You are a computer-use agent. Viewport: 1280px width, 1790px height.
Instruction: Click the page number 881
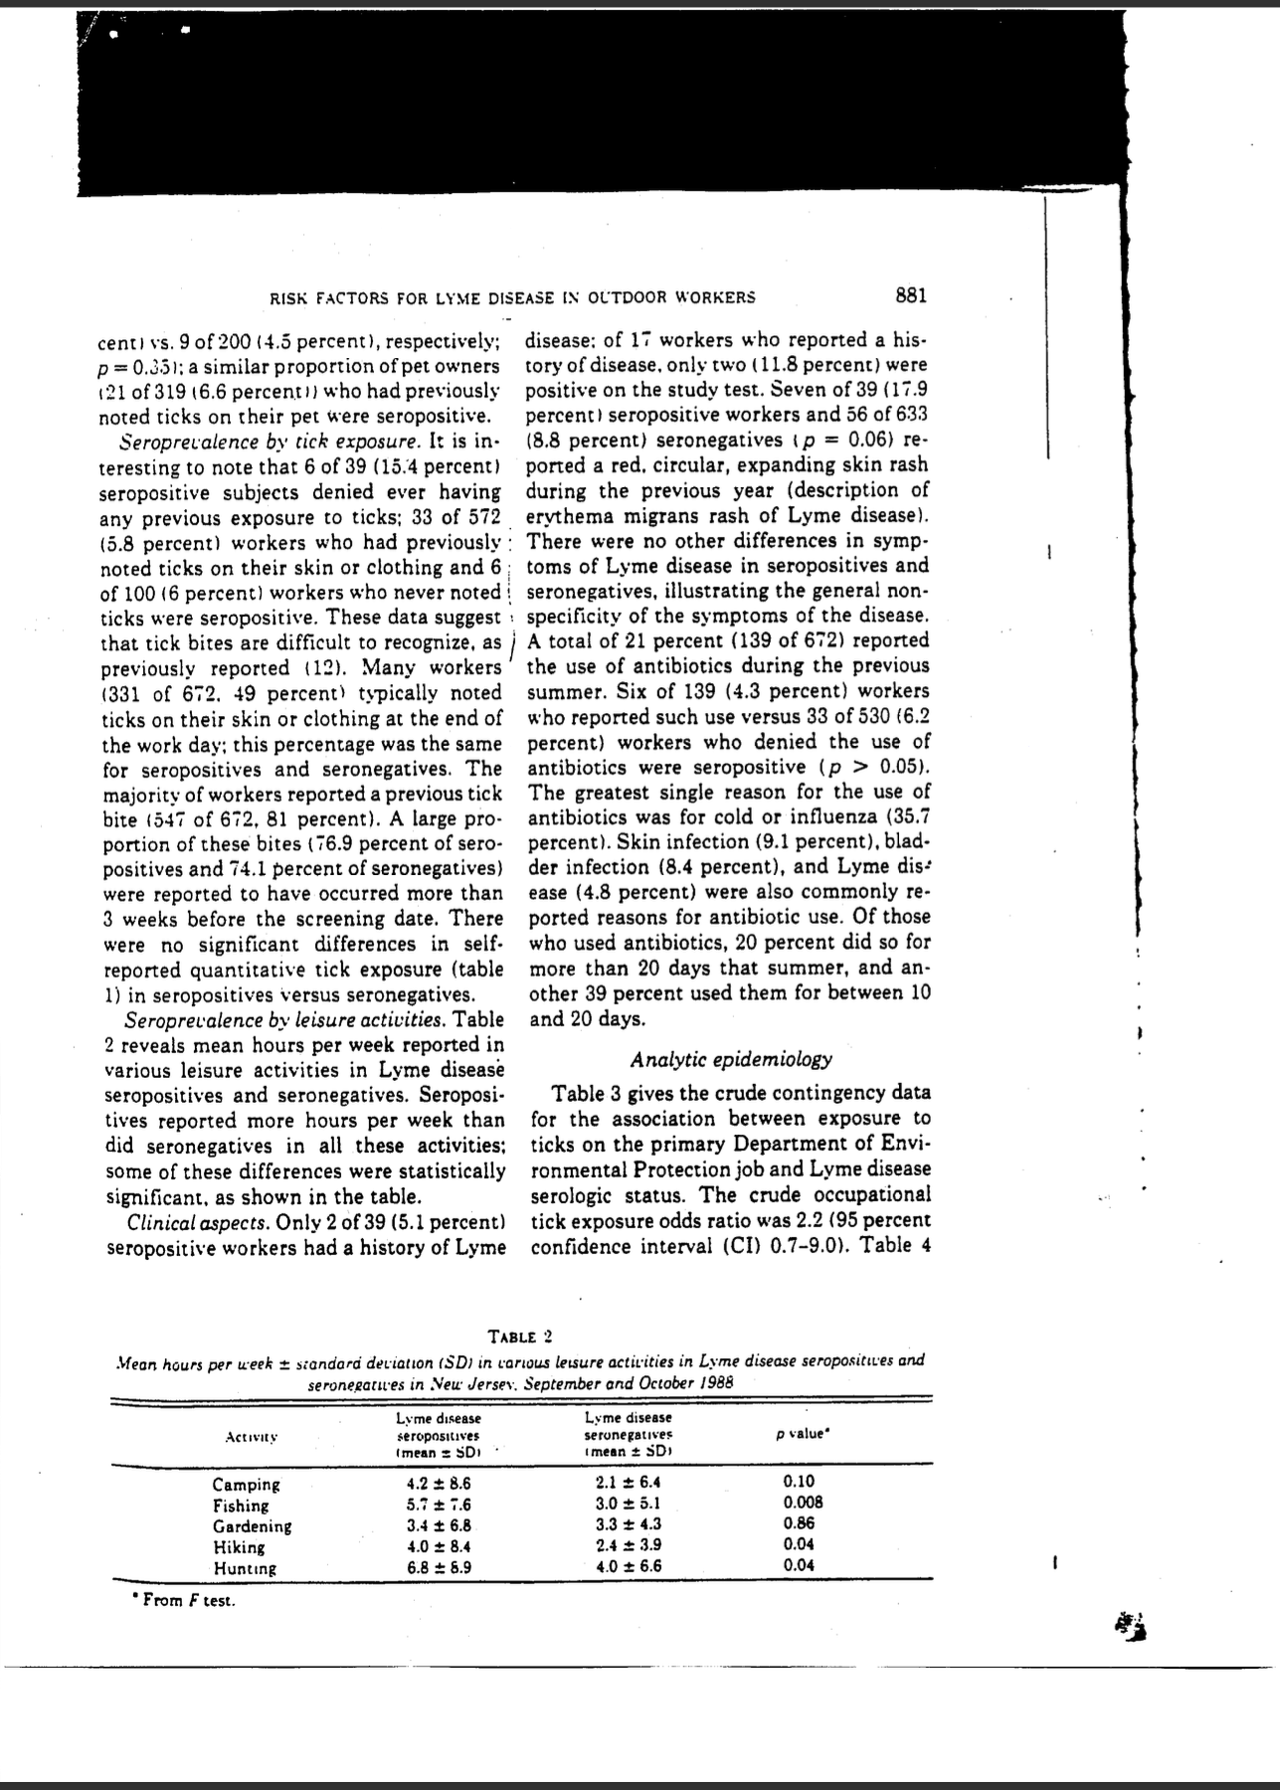pyautogui.click(x=910, y=295)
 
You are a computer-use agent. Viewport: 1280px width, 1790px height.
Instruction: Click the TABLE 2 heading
pyautogui.click(x=520, y=1336)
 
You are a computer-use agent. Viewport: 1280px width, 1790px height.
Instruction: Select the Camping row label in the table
pyautogui.click(x=247, y=1484)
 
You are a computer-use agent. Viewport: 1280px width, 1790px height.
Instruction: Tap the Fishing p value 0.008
pyautogui.click(x=803, y=1504)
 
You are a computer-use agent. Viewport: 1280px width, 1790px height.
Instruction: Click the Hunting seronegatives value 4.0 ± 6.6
pyautogui.click(x=628, y=1565)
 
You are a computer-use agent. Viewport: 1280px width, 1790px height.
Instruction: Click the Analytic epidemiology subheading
pyautogui.click(x=731, y=1059)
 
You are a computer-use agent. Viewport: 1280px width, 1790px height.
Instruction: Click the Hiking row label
pyautogui.click(x=239, y=1546)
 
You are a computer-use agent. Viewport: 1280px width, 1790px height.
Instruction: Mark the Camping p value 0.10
pyautogui.click(x=799, y=1483)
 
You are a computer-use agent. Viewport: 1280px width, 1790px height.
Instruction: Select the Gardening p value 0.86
pyautogui.click(x=799, y=1524)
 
